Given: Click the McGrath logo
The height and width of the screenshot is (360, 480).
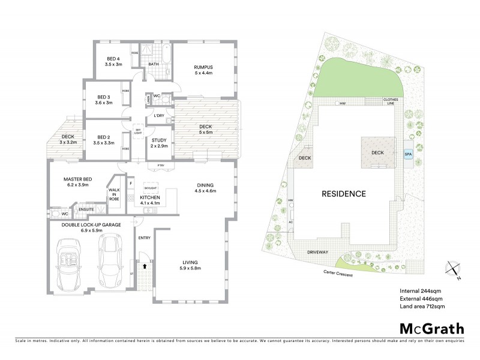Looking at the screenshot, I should click(x=431, y=328).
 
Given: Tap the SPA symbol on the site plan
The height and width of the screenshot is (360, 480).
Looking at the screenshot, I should click(x=408, y=154).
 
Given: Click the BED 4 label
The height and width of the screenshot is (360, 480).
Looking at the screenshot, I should click(x=114, y=61).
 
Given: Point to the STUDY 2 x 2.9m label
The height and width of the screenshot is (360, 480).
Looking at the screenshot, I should click(x=158, y=142).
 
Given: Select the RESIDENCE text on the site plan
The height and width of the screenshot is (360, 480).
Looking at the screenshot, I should click(x=343, y=194).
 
